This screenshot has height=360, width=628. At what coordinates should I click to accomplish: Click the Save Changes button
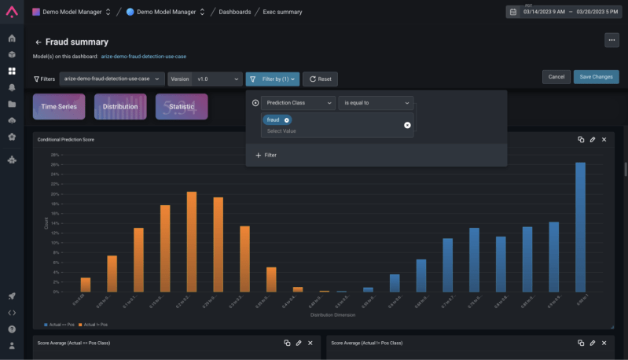(596, 77)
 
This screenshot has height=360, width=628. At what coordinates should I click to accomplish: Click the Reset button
(320, 79)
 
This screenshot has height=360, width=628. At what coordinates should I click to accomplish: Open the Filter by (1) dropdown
(272, 79)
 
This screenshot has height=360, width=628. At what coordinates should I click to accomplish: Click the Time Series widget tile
(59, 107)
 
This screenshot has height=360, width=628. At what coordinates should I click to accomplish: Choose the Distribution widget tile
(120, 107)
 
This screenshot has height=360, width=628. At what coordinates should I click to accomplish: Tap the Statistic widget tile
(182, 107)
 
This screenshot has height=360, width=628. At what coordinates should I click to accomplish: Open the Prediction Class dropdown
(298, 103)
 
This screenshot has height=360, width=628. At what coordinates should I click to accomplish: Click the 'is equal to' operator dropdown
(376, 103)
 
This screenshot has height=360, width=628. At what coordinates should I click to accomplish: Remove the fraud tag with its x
(287, 120)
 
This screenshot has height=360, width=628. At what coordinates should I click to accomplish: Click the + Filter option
(266, 156)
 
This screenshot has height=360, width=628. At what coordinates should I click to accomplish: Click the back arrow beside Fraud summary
(39, 42)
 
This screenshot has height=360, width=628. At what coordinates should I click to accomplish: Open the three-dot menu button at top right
(611, 40)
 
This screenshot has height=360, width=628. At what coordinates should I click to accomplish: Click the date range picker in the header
(564, 12)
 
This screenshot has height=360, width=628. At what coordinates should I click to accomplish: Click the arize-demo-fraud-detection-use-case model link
(144, 57)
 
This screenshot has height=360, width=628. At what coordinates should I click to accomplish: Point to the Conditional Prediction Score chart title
(66, 139)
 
